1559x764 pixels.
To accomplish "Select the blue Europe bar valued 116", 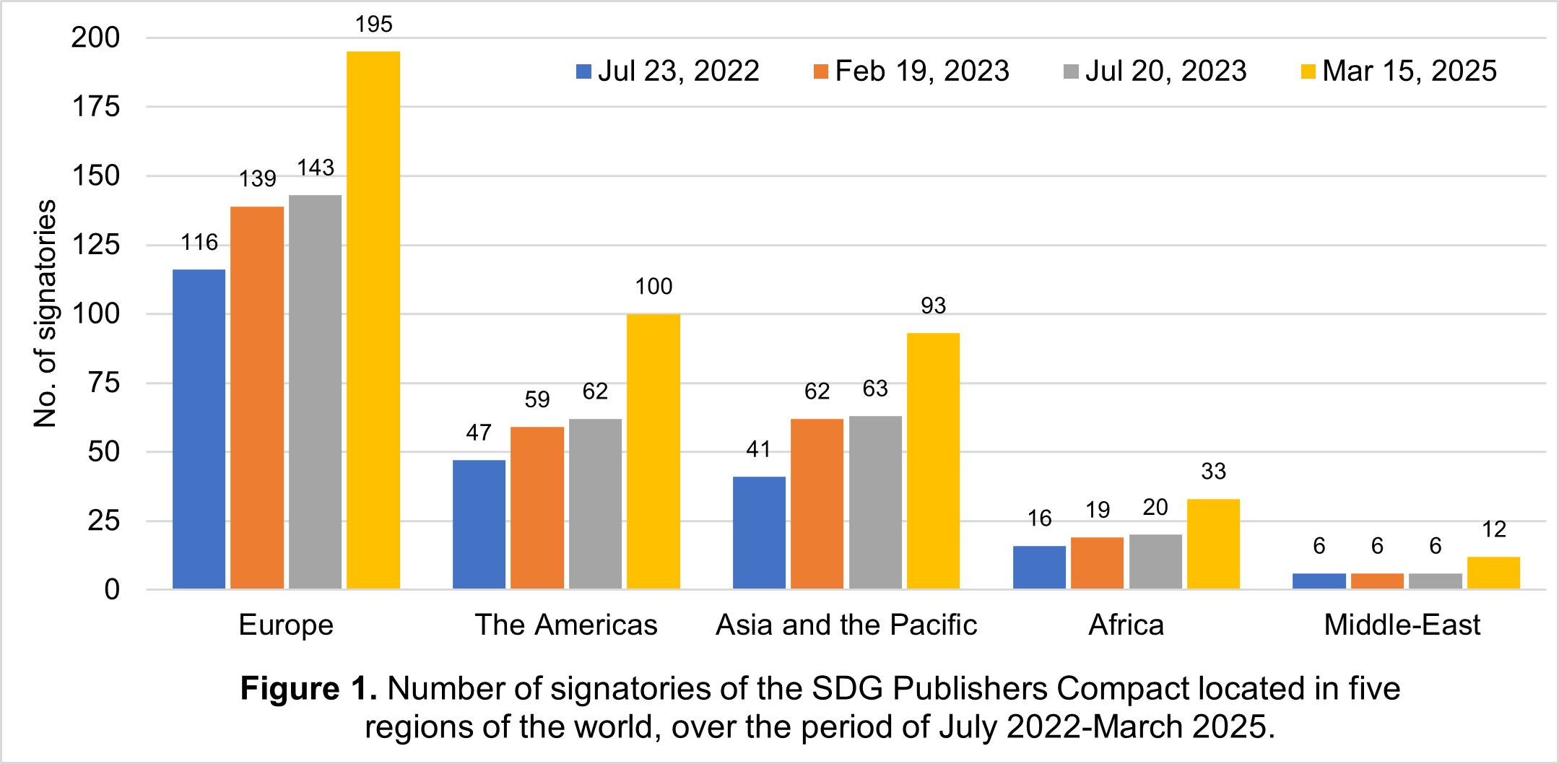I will click(x=199, y=429).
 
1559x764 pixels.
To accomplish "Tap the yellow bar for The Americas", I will click(x=653, y=451).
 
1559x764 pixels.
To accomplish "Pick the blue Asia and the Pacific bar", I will click(x=759, y=533).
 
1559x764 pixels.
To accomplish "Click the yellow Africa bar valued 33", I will click(x=1213, y=544).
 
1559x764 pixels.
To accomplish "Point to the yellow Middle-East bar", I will click(x=1493, y=573).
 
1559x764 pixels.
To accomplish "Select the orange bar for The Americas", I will click(x=537, y=508).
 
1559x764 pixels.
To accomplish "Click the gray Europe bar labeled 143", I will click(x=315, y=392).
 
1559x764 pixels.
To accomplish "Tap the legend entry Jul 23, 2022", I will click(x=668, y=71).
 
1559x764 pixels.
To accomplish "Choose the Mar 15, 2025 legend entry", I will click(x=1399, y=71).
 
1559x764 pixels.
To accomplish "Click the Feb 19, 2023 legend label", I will click(x=911, y=71).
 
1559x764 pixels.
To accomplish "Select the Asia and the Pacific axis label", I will click(x=846, y=625).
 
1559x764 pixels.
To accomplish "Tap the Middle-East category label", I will click(x=1402, y=625).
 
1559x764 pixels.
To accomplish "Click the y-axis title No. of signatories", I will click(x=45, y=314).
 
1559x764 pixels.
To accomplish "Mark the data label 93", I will click(x=933, y=306).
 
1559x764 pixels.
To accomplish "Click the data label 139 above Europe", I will click(x=257, y=178).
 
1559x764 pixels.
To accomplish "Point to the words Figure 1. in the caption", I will click(x=308, y=689).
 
